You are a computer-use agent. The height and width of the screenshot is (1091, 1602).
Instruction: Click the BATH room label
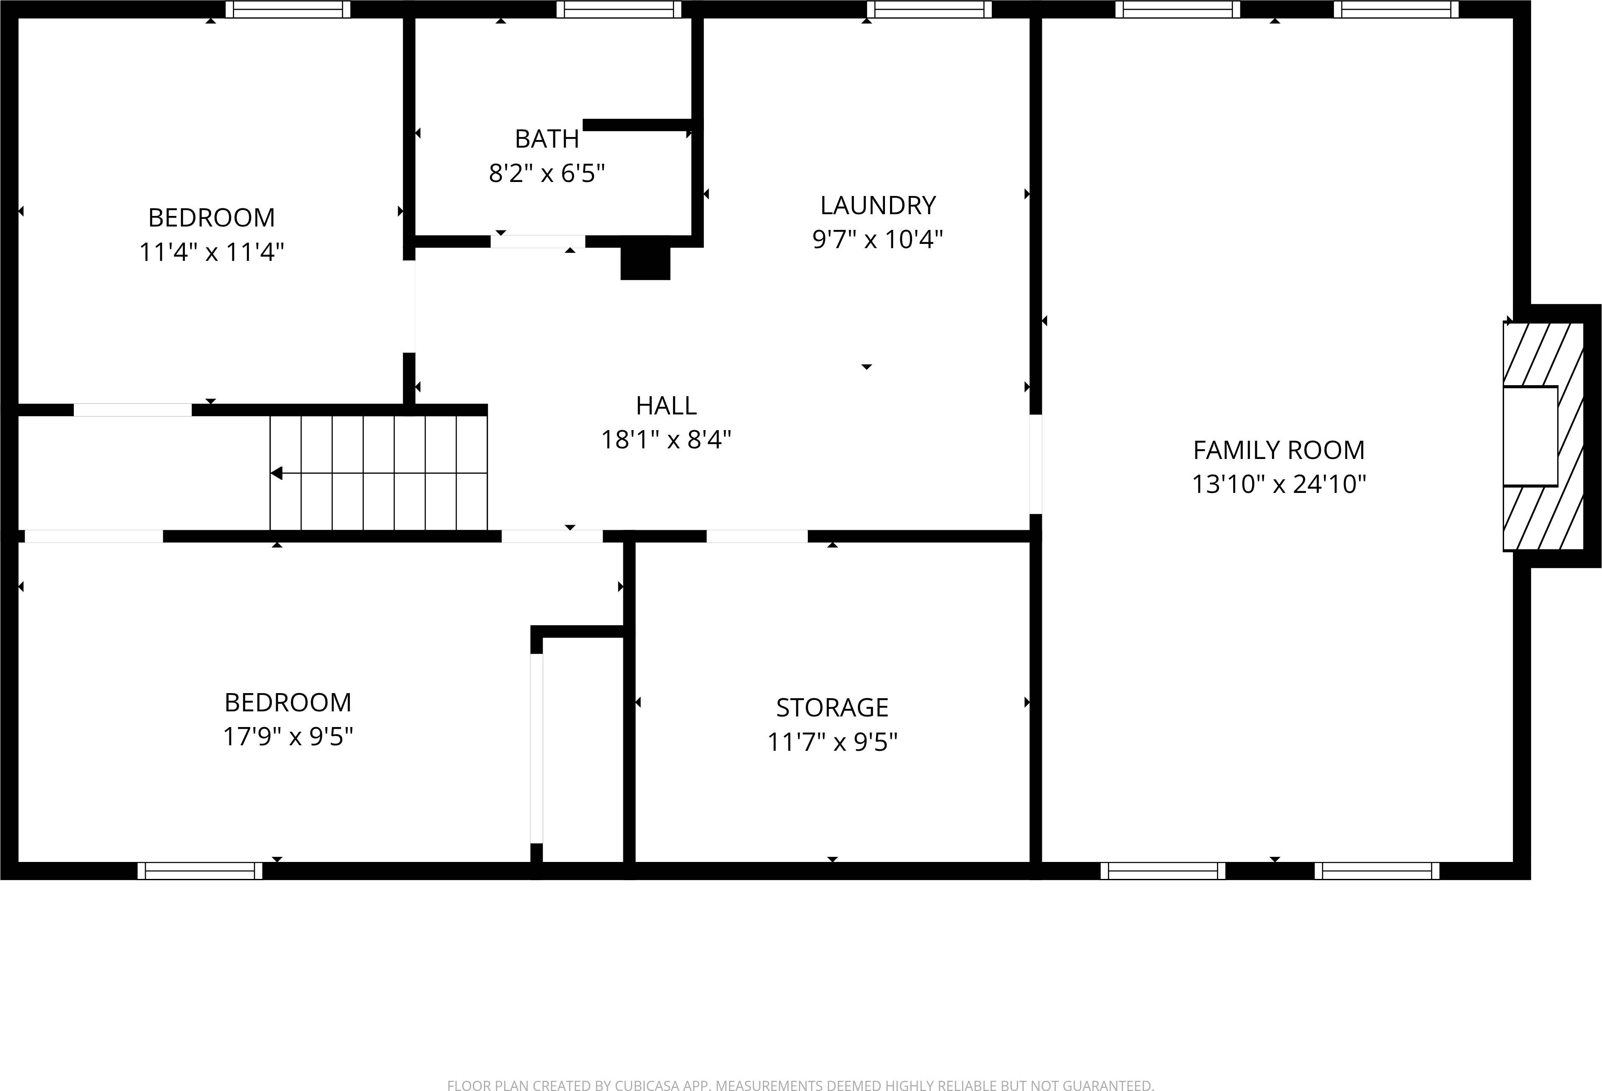pyautogui.click(x=547, y=139)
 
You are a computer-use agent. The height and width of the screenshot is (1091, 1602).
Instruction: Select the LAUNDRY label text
pyautogui.click(x=877, y=205)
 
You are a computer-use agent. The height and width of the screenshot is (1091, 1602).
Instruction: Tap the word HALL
pyautogui.click(x=666, y=406)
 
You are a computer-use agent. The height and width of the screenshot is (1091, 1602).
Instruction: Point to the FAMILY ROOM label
pyautogui.click(x=1279, y=450)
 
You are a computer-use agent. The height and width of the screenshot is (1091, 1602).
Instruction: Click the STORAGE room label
pyautogui.click(x=832, y=708)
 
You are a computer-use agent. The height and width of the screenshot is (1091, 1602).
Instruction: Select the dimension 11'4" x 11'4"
pyautogui.click(x=212, y=252)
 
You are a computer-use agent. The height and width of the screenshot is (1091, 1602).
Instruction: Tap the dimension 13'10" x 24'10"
pyautogui.click(x=1279, y=484)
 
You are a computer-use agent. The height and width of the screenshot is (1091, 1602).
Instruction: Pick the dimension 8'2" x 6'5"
pyautogui.click(x=547, y=173)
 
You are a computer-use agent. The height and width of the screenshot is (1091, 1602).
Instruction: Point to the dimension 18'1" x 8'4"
pyautogui.click(x=666, y=439)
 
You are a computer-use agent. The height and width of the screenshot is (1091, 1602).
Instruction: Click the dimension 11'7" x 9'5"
pyautogui.click(x=832, y=742)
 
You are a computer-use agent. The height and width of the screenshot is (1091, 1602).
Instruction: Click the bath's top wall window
pyautogui.click(x=618, y=10)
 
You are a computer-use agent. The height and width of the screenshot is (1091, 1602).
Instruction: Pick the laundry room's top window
pyautogui.click(x=929, y=10)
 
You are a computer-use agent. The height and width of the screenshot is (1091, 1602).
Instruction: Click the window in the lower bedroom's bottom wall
pyautogui.click(x=200, y=871)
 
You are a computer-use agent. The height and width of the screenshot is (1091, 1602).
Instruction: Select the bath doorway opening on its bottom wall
pyautogui.click(x=538, y=241)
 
